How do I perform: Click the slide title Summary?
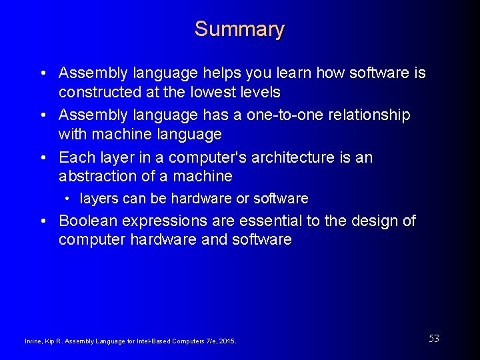[x=239, y=29]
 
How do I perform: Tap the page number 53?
[x=433, y=339]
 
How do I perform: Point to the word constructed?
[x=97, y=91]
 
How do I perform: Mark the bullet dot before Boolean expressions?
[x=42, y=221]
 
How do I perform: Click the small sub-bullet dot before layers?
[x=68, y=199]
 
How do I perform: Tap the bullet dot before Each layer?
[x=42, y=158]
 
